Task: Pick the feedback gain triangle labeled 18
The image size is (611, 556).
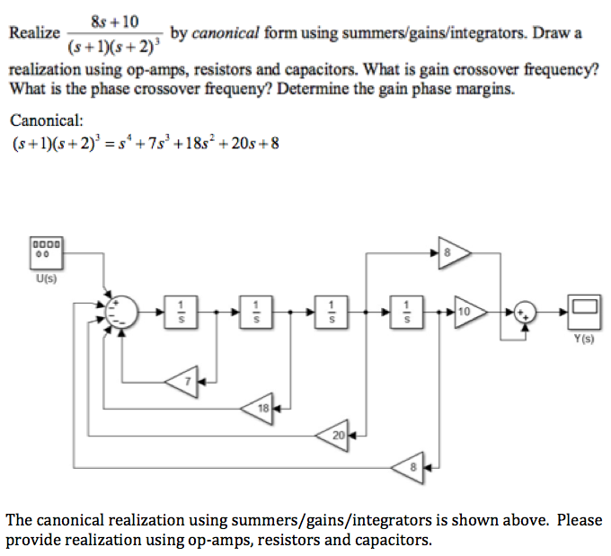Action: tap(260, 408)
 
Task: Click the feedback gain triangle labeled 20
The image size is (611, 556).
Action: tap(335, 435)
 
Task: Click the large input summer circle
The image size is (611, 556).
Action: tap(121, 312)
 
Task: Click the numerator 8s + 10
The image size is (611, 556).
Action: tap(113, 19)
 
